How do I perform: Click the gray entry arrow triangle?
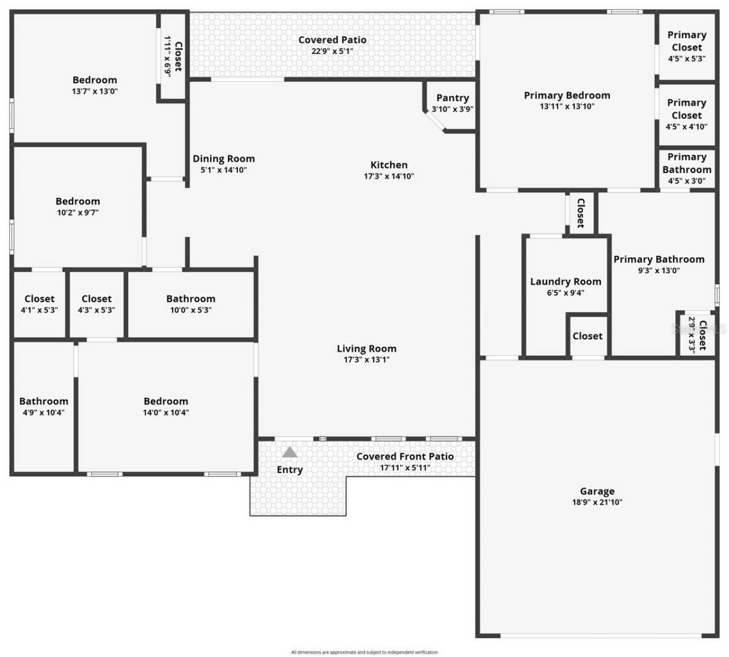[x=290, y=453]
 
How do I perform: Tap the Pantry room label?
[x=453, y=98]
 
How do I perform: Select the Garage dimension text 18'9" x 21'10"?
[x=597, y=502]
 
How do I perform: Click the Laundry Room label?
[x=566, y=281]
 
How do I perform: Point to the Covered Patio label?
[x=332, y=40]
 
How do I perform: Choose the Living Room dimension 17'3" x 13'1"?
[x=366, y=360]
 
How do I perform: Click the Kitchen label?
[x=389, y=165]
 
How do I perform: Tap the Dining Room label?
[x=223, y=159]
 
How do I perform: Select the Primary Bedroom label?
[x=567, y=95]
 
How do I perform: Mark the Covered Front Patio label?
[x=405, y=457]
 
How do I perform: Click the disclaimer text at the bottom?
[x=364, y=652]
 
